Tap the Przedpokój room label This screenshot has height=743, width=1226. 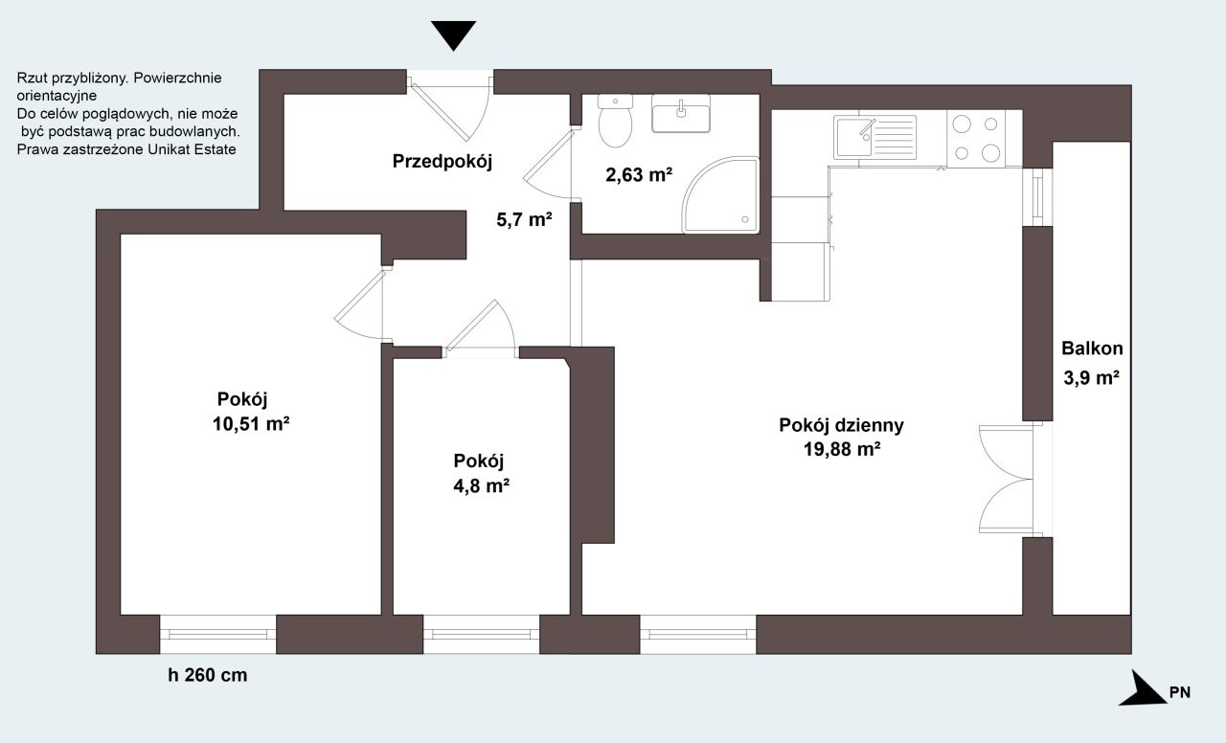point(443,162)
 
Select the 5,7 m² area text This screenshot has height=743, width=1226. point(524,220)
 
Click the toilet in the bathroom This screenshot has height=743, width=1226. point(615,121)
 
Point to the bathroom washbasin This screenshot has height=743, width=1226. point(681,113)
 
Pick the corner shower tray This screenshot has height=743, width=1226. point(720,194)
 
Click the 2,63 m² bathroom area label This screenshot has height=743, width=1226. point(639,175)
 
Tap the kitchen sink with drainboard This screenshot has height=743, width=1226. point(874,137)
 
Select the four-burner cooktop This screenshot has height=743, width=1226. point(976,139)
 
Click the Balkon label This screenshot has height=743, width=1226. point(1092,349)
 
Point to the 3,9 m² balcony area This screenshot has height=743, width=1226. point(1091,378)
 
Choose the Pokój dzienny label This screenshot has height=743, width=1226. point(841,426)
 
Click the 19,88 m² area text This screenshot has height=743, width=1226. point(842,450)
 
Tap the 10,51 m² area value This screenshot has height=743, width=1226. point(251,424)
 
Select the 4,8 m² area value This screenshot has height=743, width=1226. point(481,485)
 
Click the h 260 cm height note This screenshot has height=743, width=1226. point(208,675)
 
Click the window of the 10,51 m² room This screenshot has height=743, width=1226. point(217,634)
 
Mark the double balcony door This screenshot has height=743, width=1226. point(1006,480)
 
